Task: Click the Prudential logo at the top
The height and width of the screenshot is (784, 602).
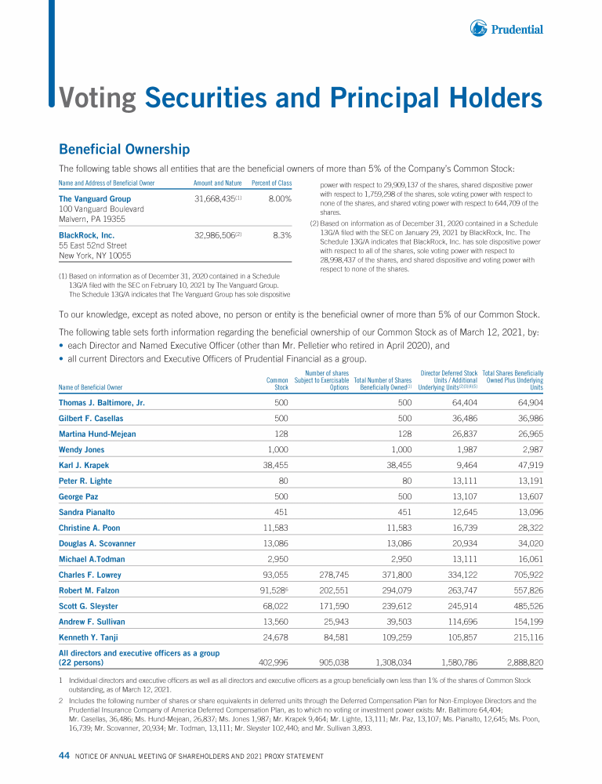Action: [507, 29]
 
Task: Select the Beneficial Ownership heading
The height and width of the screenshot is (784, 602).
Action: [124, 149]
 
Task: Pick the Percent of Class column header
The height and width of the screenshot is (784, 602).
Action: [271, 183]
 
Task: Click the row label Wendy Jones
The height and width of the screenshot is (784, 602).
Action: [82, 450]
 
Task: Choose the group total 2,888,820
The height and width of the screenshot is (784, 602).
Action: [520, 662]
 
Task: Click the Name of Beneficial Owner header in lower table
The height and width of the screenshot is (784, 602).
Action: [91, 387]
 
